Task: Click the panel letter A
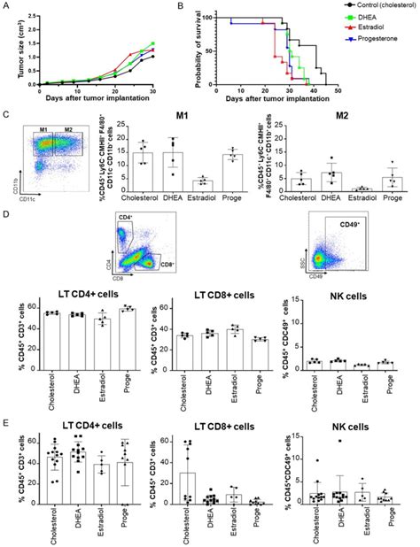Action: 5,7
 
